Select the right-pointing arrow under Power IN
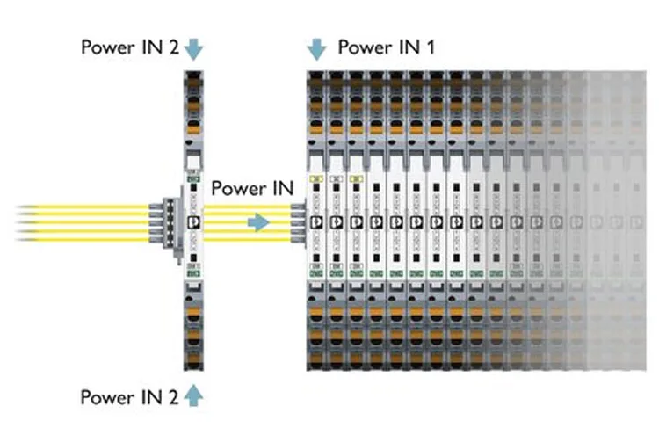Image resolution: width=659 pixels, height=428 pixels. (x=257, y=222)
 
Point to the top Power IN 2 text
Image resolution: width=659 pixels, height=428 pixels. (x=130, y=47)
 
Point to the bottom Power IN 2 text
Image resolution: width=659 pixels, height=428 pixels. (x=130, y=396)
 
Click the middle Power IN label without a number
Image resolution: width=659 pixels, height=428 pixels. (x=251, y=188)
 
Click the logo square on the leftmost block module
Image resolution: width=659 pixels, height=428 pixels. (x=316, y=221)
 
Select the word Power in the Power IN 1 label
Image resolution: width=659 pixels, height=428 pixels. (x=364, y=47)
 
